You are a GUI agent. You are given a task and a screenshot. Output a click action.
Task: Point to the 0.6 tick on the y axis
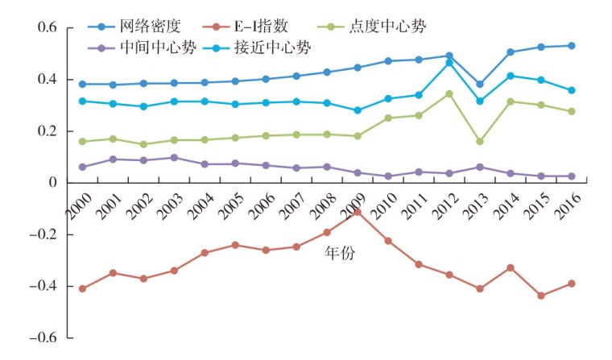pyautogui.click(x=48, y=28)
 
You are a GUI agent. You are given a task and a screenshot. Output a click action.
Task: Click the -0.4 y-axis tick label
pyautogui.click(x=43, y=287)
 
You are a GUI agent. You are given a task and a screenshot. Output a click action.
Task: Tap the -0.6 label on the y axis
pyautogui.click(x=43, y=338)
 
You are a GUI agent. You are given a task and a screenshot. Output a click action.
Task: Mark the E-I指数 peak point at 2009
pyautogui.click(x=358, y=212)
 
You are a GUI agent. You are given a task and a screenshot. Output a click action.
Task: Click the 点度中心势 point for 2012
pyautogui.click(x=449, y=93)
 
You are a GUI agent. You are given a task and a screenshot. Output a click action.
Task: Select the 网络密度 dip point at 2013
pyautogui.click(x=480, y=84)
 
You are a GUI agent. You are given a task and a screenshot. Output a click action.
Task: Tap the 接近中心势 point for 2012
pyautogui.click(x=449, y=62)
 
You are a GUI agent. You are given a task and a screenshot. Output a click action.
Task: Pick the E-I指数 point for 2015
pyautogui.click(x=541, y=296)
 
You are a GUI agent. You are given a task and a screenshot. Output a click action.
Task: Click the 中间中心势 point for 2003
pyautogui.click(x=174, y=158)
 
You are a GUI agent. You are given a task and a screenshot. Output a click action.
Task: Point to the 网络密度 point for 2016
pyautogui.click(x=572, y=46)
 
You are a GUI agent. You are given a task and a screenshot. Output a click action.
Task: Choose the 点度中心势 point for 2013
pyautogui.click(x=480, y=141)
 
